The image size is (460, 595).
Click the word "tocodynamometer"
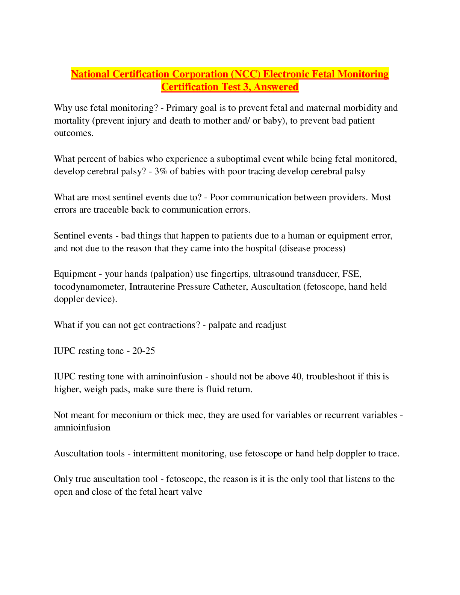coord(89,287)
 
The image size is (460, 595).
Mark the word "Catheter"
coord(230,287)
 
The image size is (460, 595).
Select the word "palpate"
coord(222,325)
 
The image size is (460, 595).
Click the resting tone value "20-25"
coord(143,351)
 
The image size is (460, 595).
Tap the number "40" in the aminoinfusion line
coord(297,376)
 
